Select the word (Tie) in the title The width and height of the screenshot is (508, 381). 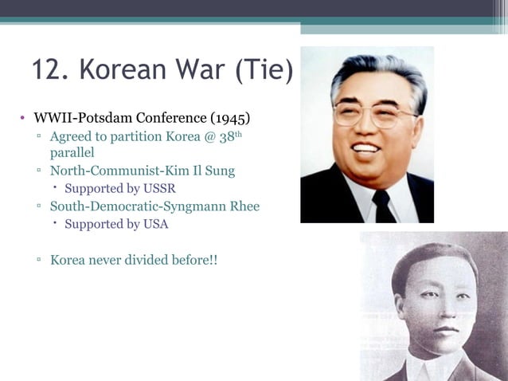pos(264,70)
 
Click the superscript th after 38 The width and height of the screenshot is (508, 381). pos(236,133)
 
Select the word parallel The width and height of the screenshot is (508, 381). pos(72,152)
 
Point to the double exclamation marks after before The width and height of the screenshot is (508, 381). pos(213,260)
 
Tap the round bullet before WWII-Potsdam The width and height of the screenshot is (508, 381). pos(23,120)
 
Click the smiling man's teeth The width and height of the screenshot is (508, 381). pos(368,148)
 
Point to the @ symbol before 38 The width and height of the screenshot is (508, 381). pos(210,136)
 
